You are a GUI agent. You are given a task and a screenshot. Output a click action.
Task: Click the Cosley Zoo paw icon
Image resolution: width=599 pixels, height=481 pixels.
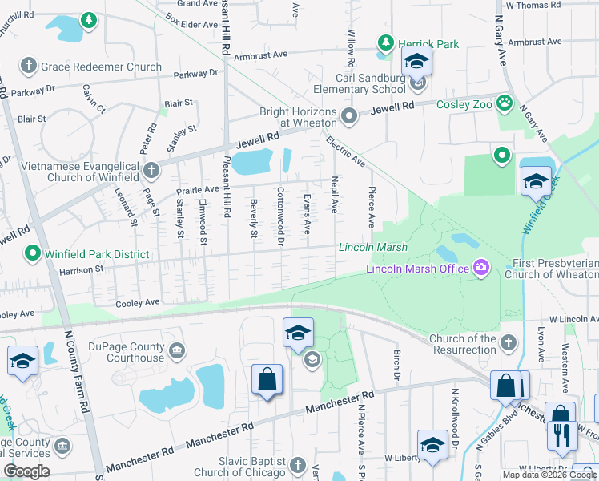504,103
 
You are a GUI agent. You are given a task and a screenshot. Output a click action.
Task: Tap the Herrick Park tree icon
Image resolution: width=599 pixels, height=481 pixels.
385,42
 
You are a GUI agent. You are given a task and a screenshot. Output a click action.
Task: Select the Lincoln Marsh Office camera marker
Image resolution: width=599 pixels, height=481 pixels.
480,267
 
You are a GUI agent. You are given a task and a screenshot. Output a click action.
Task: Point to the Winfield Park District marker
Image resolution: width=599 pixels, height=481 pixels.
33,253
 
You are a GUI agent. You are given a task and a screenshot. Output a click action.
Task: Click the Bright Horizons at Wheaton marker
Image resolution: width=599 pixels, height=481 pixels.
348,117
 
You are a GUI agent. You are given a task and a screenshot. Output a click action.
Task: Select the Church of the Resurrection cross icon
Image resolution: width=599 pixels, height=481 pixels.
507,343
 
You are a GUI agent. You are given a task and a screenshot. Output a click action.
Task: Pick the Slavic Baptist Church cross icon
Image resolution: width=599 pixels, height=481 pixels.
297,465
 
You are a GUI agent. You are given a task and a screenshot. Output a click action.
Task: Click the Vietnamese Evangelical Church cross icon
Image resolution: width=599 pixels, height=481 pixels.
152,170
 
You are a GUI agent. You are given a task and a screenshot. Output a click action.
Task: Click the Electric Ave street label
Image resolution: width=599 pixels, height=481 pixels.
345,152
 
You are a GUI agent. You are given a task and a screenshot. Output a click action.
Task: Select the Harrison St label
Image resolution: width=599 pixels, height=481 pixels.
78,269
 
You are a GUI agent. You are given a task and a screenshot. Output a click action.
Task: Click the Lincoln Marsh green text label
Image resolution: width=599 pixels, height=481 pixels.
373,248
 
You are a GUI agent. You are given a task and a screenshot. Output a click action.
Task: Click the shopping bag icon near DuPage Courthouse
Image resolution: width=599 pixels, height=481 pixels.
267,382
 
